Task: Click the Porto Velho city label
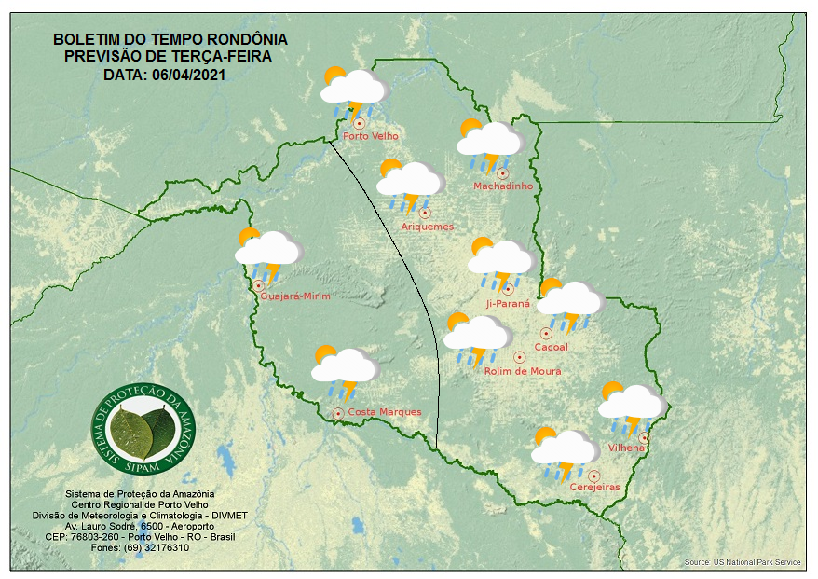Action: tap(371, 136)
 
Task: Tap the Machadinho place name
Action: tap(503, 186)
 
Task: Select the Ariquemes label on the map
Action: tap(428, 227)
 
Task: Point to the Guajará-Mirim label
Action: tap(295, 296)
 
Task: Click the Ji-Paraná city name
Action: tap(508, 304)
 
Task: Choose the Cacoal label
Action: tap(551, 348)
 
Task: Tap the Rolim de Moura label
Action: tap(523, 371)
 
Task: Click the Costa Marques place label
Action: tap(384, 412)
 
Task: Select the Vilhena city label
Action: tap(626, 448)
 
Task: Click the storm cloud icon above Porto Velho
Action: tap(354, 90)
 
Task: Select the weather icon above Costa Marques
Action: tap(345, 369)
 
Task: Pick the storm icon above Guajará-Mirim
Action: tap(268, 252)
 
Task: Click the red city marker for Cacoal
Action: tap(546, 333)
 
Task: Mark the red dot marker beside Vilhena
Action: tap(644, 437)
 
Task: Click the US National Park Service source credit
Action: tap(757, 562)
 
